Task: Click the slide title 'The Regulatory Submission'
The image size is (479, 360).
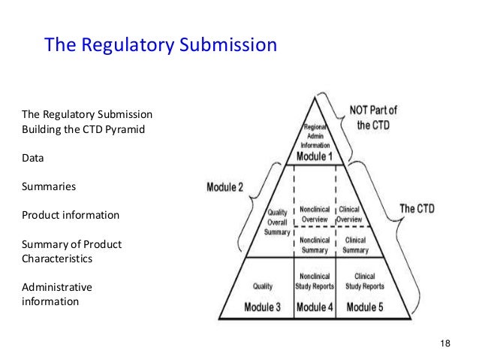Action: (x=161, y=45)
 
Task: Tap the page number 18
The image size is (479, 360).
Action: (x=444, y=343)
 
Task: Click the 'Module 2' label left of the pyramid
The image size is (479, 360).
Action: (x=225, y=186)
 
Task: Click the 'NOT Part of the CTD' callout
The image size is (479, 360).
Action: (x=373, y=117)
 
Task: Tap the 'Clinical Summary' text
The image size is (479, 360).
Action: (x=355, y=245)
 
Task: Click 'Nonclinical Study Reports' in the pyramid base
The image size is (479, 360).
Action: (x=315, y=281)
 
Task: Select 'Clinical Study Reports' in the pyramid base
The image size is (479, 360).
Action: (x=365, y=281)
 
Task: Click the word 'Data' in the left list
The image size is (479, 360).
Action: (x=33, y=159)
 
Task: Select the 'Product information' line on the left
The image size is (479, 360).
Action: (x=70, y=215)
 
